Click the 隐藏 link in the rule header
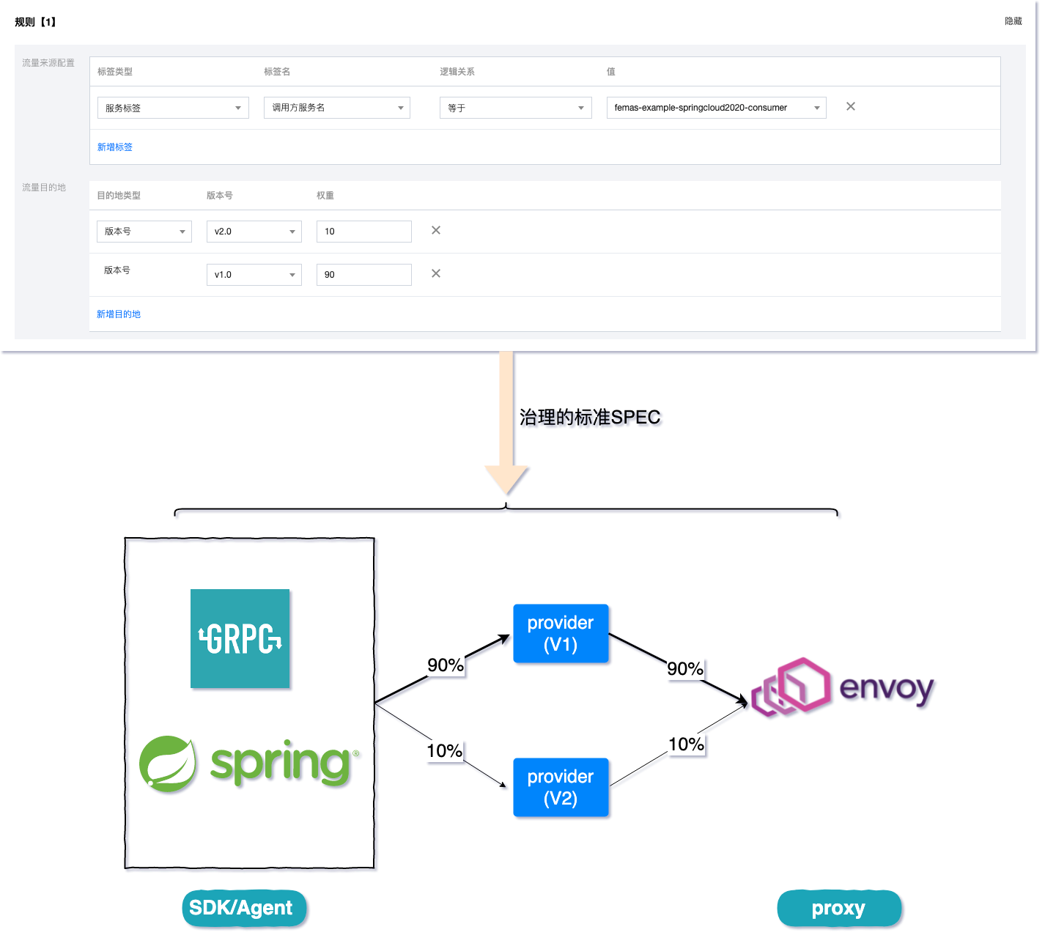click(x=1013, y=21)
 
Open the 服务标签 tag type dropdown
click(x=173, y=108)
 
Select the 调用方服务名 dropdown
click(x=336, y=108)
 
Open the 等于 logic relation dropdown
click(x=515, y=108)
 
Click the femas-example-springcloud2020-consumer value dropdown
click(x=716, y=108)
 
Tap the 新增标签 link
click(x=115, y=147)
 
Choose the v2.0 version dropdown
click(x=254, y=232)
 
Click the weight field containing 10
click(x=363, y=232)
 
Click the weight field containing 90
click(x=363, y=275)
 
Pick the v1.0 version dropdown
click(x=254, y=275)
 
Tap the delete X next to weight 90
click(x=436, y=273)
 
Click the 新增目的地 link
click(x=119, y=314)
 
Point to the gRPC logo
click(x=240, y=639)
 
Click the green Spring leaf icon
click(x=169, y=764)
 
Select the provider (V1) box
click(x=561, y=634)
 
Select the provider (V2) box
click(x=561, y=788)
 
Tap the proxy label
click(x=839, y=909)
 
